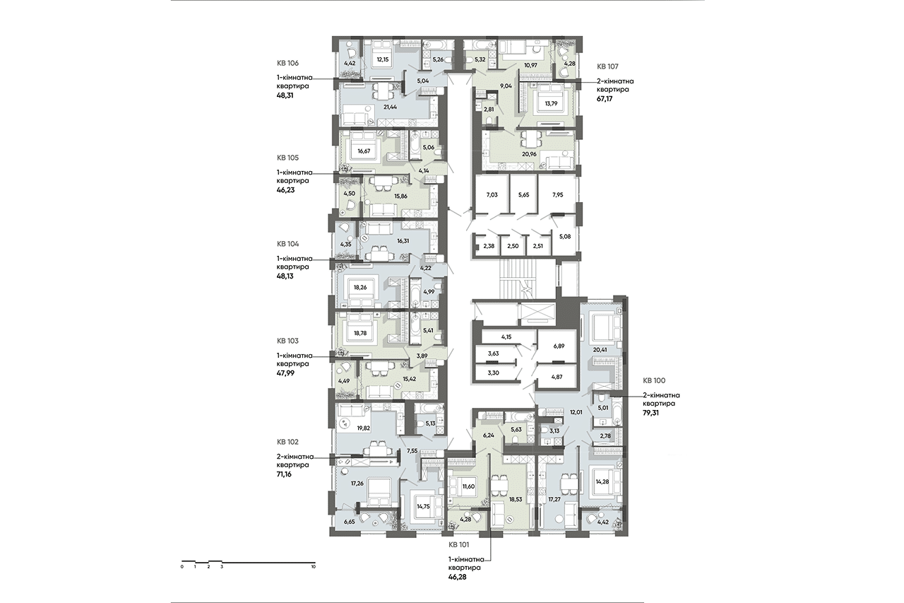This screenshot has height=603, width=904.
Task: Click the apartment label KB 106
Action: [287, 63]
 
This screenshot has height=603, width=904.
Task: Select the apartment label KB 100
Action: [654, 380]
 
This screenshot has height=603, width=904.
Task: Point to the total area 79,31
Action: [650, 413]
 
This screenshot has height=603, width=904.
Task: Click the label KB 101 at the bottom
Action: [459, 544]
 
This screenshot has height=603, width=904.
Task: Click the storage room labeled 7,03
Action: [492, 194]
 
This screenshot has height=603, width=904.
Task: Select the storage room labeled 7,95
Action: [557, 194]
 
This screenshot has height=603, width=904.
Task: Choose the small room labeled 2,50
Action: [513, 245]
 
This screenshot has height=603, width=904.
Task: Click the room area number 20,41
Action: [600, 350]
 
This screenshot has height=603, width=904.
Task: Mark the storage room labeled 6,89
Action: [559, 346]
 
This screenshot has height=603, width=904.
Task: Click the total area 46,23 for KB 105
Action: [285, 189]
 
